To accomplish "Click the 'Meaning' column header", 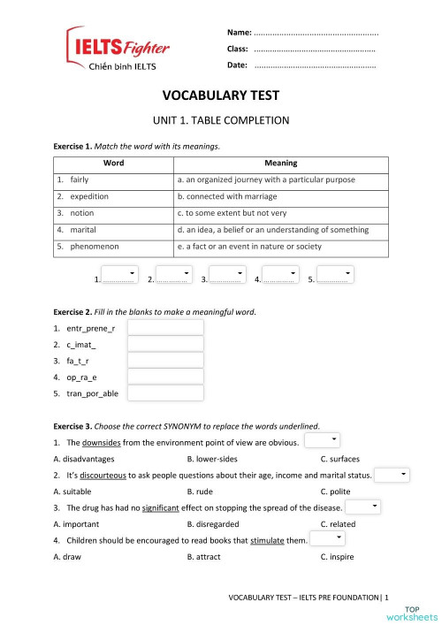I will tap(280, 163).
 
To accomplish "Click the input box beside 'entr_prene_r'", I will tap(165, 328).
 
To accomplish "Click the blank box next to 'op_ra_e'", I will tap(165, 377).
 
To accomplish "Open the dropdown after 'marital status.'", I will tap(392, 475).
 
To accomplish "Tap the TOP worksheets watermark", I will tap(418, 612).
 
